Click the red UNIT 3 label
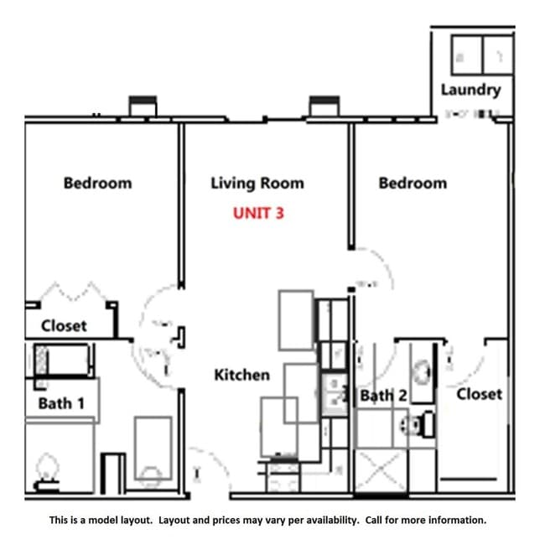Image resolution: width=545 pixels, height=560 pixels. tap(258, 213)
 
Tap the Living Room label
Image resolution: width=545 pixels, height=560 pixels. tap(257, 183)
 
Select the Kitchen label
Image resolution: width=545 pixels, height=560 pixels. tap(241, 375)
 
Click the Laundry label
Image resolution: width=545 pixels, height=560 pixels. tap(470, 90)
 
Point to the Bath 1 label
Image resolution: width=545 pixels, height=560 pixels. tap(61, 403)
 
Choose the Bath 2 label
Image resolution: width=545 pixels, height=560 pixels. tap(383, 396)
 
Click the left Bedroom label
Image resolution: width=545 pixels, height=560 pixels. tap(97, 183)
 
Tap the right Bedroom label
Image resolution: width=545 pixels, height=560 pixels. tap(413, 183)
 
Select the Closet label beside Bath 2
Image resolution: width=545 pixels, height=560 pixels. tap(480, 393)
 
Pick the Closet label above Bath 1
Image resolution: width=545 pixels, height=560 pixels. tap(64, 325)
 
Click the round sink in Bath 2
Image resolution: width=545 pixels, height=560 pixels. tap(422, 369)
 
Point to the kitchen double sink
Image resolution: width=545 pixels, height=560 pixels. tap(335, 395)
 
